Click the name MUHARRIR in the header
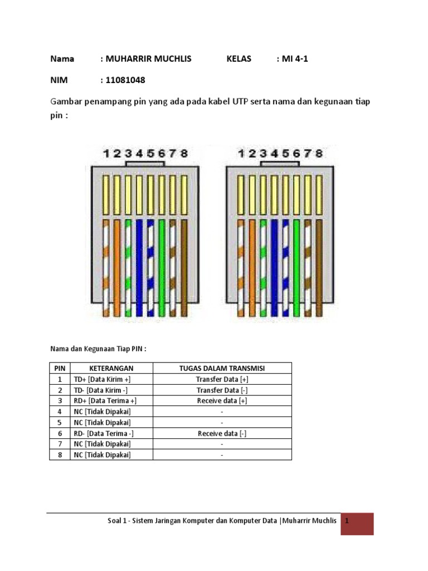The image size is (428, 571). point(130,59)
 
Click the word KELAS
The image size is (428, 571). point(239,59)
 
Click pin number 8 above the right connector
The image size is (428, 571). point(319,153)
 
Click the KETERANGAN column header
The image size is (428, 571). point(111,368)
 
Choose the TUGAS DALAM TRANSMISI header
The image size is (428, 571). point(222,368)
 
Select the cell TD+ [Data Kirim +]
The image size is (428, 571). point(103,379)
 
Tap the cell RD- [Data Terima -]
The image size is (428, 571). point(104,433)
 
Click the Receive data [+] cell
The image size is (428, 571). point(222,401)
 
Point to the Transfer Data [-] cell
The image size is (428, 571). point(222,390)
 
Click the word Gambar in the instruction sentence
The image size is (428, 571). point(67,103)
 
